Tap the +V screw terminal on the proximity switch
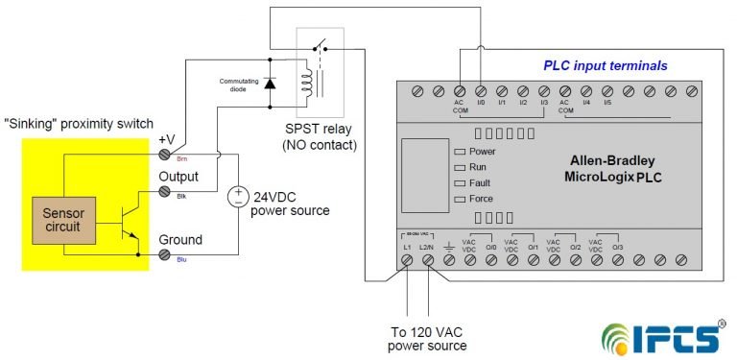tap(165, 154)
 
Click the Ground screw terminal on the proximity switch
tap(165, 254)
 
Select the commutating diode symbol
tap(271, 84)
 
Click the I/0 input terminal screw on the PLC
tap(481, 90)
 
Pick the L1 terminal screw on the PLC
tap(407, 259)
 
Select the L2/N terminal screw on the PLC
tap(427, 259)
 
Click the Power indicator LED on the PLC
tap(459, 152)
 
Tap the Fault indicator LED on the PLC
tap(459, 182)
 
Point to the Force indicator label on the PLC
tap(483, 199)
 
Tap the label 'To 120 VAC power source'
tap(429, 339)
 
